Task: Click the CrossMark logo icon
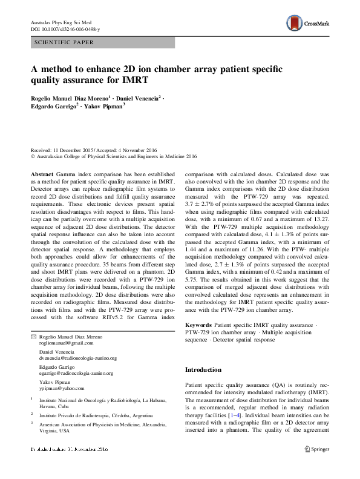click(301, 24)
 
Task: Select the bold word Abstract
click(42, 173)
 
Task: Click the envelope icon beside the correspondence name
click(33, 336)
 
